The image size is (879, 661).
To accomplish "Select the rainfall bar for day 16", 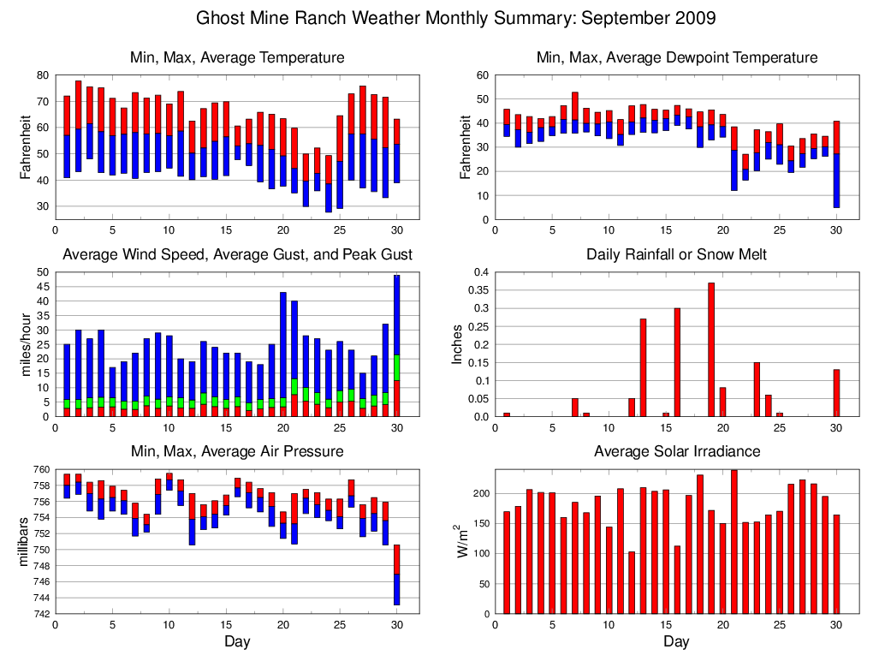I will point(677,362).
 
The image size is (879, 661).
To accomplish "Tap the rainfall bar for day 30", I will point(836,393).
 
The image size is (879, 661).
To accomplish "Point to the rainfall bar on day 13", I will point(643,367).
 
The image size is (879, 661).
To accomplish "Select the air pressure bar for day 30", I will point(396,575).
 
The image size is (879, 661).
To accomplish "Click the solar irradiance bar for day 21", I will point(733,541).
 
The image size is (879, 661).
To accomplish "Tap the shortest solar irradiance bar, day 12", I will point(632,582).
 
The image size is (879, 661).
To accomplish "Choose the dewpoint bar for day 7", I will point(575,112).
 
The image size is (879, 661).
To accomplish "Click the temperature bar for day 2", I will point(78,126).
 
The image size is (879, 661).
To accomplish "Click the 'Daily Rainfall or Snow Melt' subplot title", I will point(676,254).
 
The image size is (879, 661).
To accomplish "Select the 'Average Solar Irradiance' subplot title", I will point(676,451).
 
